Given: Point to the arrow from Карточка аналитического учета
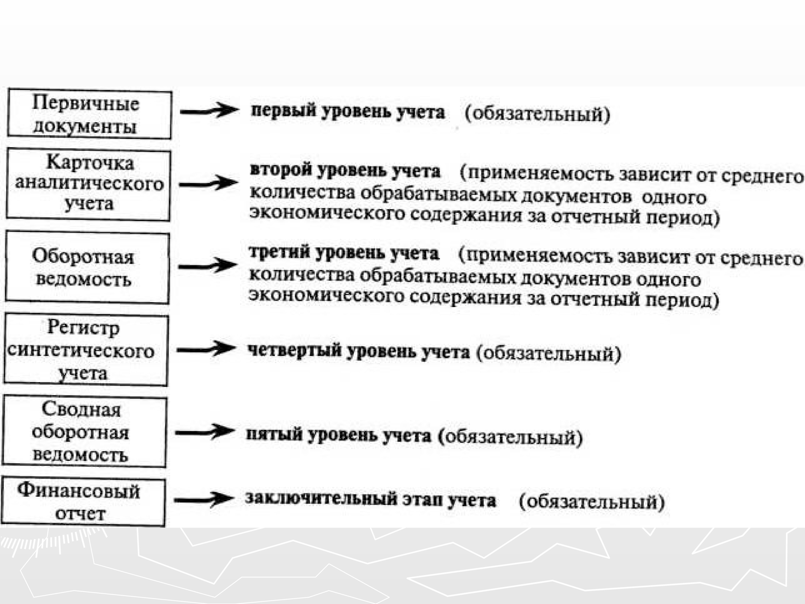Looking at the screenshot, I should [208, 184].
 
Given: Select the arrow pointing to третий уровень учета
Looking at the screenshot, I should [207, 266].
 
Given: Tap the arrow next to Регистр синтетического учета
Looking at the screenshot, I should [206, 350].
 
